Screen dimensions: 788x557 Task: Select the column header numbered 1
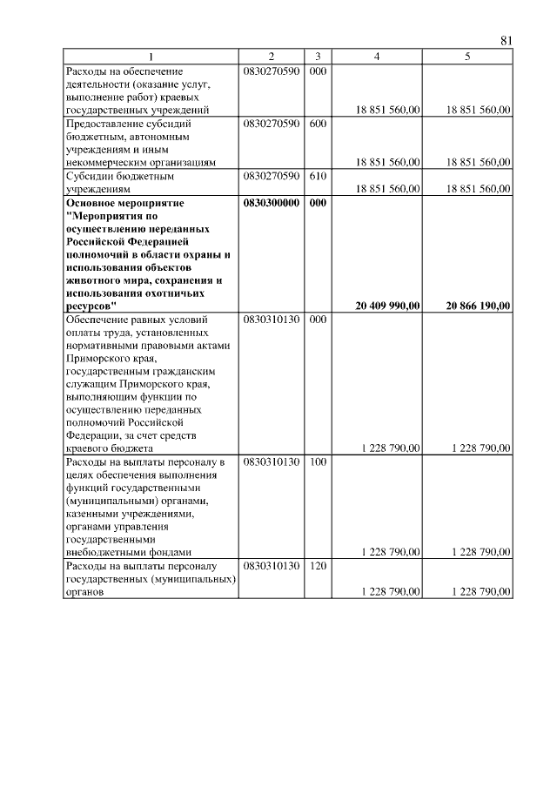pyautogui.click(x=153, y=57)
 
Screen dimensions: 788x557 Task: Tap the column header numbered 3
pyautogui.click(x=317, y=57)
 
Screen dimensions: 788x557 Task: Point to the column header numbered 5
pyautogui.click(x=468, y=57)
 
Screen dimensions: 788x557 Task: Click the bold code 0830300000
pyautogui.click(x=272, y=203)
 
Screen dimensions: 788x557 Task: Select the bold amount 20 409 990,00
pyautogui.click(x=388, y=305)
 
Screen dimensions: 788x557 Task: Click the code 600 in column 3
pyautogui.click(x=317, y=124)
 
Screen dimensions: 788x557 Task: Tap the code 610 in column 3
pyautogui.click(x=317, y=176)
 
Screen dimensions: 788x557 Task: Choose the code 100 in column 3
pyautogui.click(x=317, y=461)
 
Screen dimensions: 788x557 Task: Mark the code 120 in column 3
pyautogui.click(x=317, y=567)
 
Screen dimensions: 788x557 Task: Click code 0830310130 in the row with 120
pyautogui.click(x=272, y=567)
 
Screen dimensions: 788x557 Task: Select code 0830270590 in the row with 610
pyautogui.click(x=272, y=176)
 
